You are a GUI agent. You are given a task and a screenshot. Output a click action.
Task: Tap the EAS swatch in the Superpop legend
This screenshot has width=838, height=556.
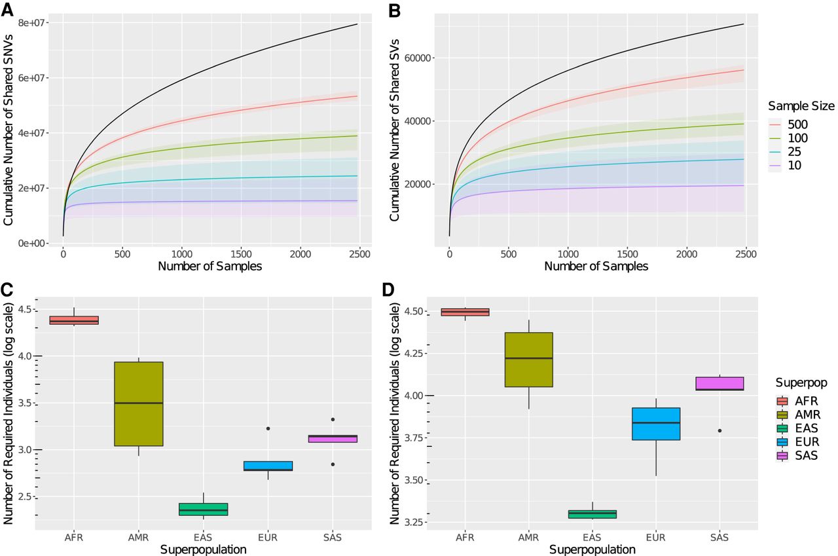tap(784, 428)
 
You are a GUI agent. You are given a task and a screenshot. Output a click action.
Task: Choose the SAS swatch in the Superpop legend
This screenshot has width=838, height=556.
tap(784, 456)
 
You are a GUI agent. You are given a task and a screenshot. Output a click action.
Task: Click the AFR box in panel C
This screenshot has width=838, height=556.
tap(74, 320)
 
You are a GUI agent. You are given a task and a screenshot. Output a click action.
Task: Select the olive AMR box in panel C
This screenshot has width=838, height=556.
tap(138, 403)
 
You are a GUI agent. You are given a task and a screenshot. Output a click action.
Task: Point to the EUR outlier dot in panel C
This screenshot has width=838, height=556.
tap(267, 428)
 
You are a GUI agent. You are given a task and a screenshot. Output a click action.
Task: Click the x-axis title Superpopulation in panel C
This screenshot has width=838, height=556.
tap(203, 549)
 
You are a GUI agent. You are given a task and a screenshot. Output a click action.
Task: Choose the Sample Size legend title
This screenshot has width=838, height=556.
tap(801, 105)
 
